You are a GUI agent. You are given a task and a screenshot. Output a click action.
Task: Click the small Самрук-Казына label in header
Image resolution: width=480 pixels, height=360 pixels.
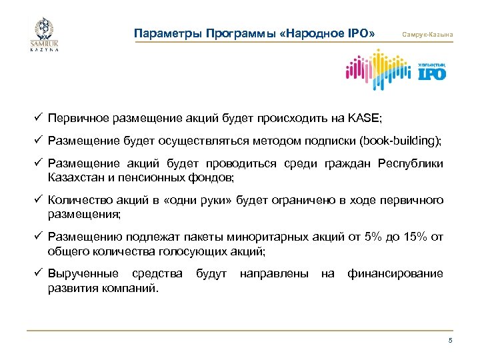coord(426,34)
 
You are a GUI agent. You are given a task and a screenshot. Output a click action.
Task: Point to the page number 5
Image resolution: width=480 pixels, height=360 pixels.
coord(450,341)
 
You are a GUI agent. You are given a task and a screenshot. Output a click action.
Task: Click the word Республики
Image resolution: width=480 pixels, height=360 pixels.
coord(410,165)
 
